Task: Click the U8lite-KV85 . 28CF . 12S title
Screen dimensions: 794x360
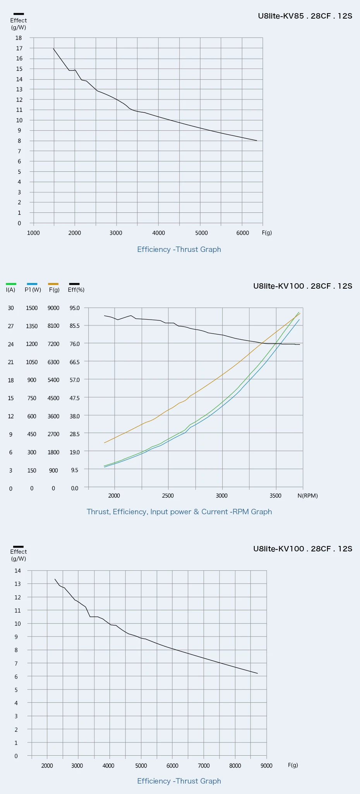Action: (x=305, y=16)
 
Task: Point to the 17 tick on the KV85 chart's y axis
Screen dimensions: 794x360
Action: (x=19, y=48)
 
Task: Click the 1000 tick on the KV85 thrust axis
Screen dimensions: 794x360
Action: (x=33, y=233)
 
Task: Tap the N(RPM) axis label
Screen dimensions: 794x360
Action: (x=307, y=496)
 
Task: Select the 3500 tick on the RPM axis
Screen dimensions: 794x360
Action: (x=276, y=496)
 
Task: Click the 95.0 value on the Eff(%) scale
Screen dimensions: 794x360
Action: (x=75, y=308)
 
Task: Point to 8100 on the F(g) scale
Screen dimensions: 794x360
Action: (x=53, y=326)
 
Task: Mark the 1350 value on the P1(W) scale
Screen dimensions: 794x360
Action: (x=32, y=326)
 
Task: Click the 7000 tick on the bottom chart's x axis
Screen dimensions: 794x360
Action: (x=204, y=766)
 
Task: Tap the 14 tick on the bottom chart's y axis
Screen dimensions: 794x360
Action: (x=18, y=571)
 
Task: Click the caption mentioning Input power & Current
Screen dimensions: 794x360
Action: (x=179, y=512)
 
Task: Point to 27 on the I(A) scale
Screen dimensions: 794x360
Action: (x=11, y=326)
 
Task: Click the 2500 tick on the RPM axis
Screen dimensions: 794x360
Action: (x=168, y=496)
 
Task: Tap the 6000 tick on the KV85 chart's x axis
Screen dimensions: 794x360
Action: (x=243, y=233)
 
